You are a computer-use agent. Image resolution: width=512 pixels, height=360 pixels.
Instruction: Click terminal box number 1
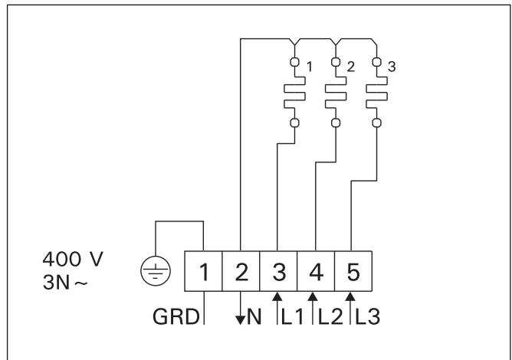tap(204, 270)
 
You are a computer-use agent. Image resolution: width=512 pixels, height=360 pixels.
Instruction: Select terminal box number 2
tap(241, 270)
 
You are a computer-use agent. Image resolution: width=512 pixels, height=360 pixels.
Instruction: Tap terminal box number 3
tap(277, 270)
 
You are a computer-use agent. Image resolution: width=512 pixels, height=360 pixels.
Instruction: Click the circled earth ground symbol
tap(156, 270)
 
